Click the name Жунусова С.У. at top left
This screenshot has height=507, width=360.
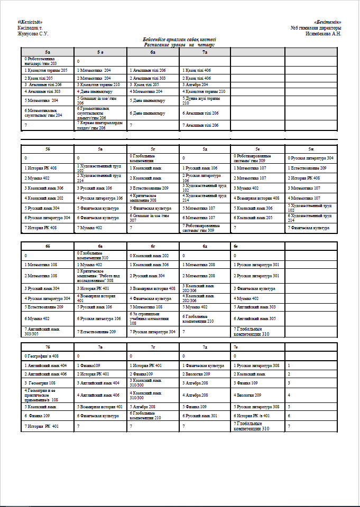33,33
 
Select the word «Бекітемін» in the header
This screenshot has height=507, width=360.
331,22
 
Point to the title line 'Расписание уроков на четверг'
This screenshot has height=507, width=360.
179,45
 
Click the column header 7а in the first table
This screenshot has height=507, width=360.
205,52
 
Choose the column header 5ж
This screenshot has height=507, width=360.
311,149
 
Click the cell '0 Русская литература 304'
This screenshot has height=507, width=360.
311,158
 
